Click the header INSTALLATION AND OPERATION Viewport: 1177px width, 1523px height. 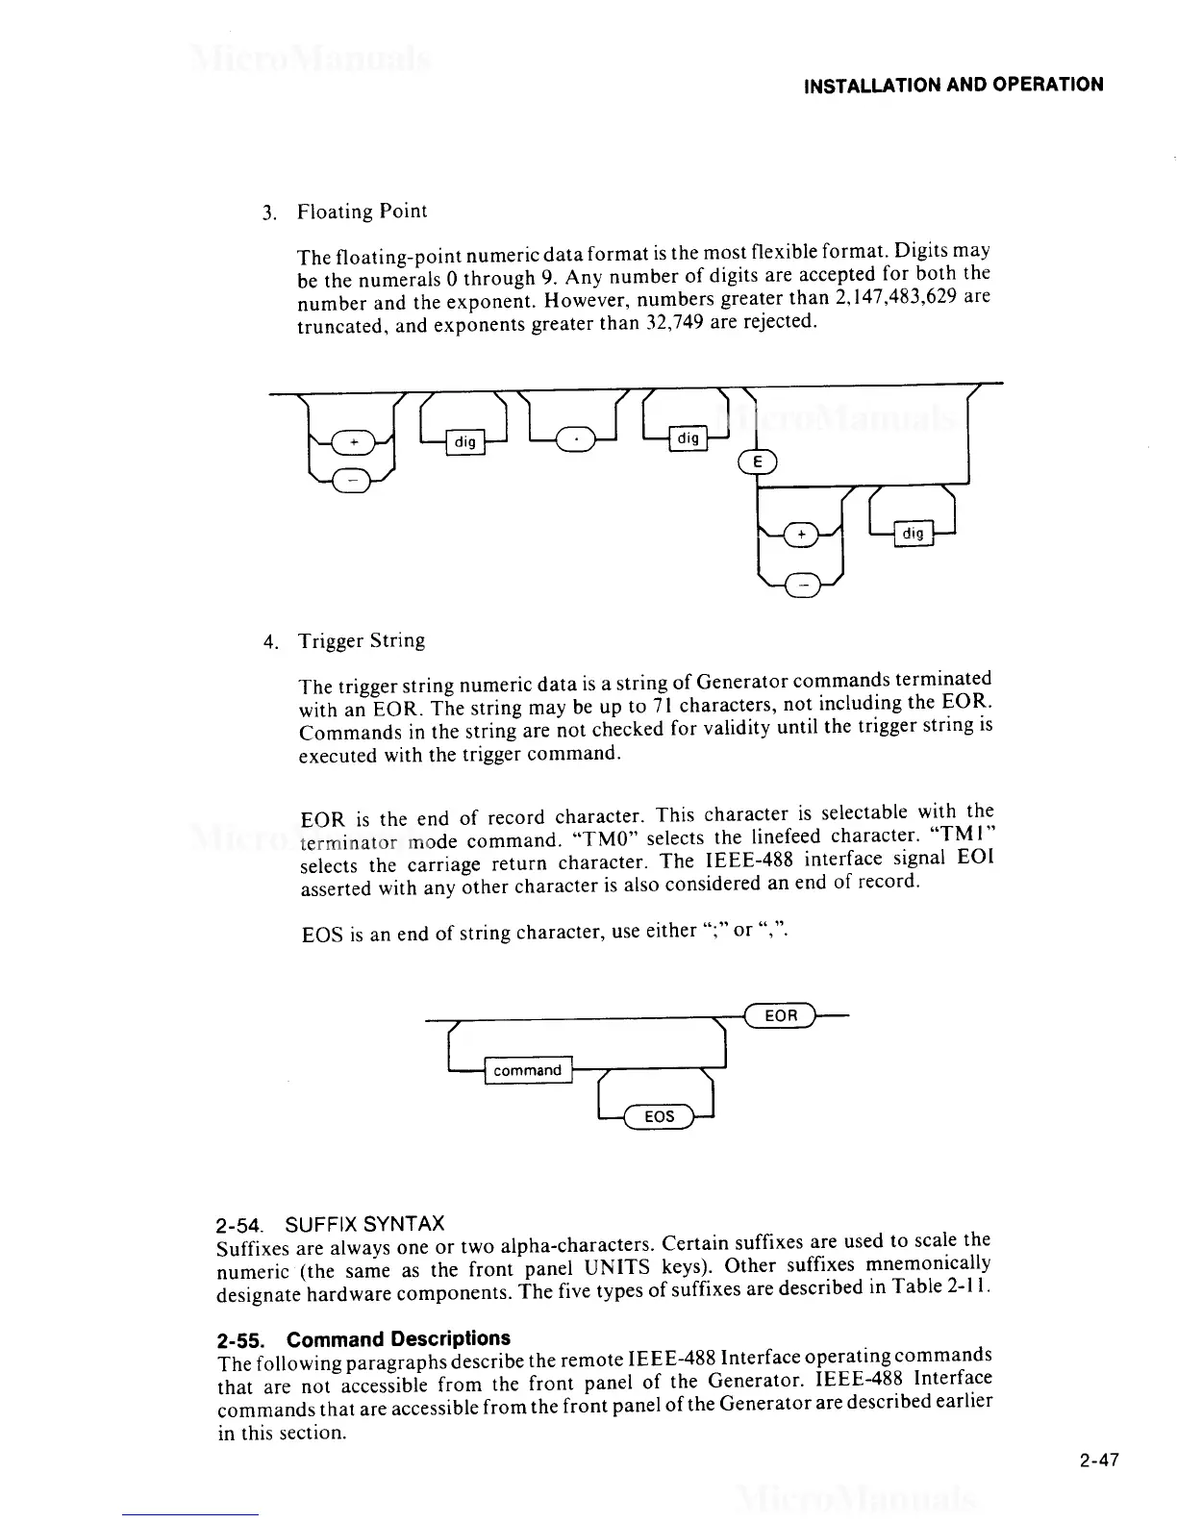click(953, 85)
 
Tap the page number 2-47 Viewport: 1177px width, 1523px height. click(1099, 1461)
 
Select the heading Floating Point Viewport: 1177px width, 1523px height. click(362, 211)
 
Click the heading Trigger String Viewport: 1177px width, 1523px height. click(361, 640)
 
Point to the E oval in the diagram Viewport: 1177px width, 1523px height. click(758, 463)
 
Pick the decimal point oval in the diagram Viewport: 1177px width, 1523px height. click(576, 441)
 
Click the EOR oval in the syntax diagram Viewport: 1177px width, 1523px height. click(780, 1015)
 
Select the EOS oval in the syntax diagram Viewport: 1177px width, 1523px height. click(659, 1116)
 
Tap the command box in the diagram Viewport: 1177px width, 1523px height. click(527, 1070)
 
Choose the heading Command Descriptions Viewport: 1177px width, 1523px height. click(399, 1338)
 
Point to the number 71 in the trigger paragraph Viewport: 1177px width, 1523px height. click(660, 709)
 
